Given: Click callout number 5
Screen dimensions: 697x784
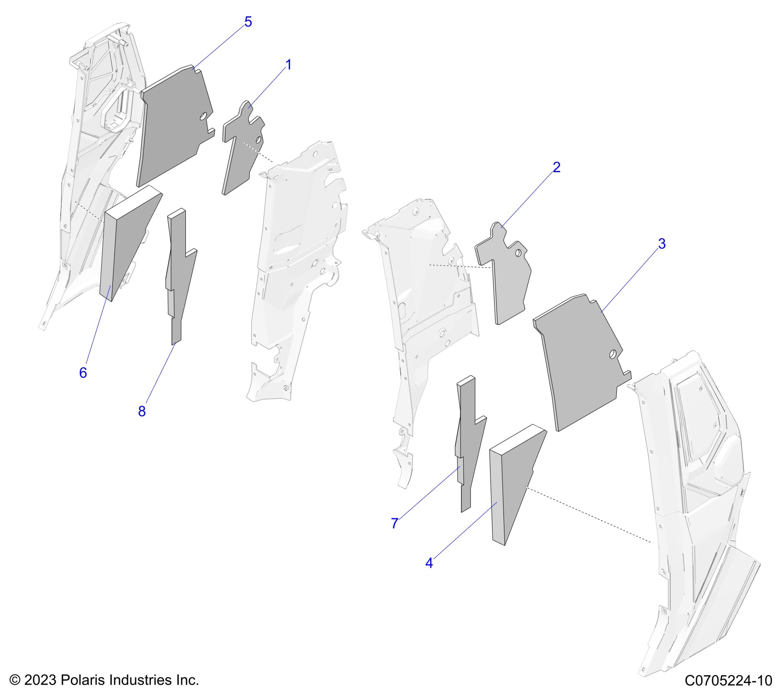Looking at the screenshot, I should point(248,22).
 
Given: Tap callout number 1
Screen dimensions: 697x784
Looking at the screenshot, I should point(288,65).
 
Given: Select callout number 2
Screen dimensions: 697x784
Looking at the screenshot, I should point(556,167).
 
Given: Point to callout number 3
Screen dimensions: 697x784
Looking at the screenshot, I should point(661,244).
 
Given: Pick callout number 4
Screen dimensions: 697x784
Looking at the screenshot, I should point(429,563).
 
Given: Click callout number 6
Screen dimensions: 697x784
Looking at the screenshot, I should point(83,373).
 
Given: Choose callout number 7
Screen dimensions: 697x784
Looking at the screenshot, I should point(394,523).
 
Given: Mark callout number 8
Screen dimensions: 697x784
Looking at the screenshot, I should point(142,411).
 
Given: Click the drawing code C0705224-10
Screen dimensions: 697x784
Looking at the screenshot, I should point(728,681).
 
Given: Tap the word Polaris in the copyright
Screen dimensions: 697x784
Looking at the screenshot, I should point(82,680).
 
